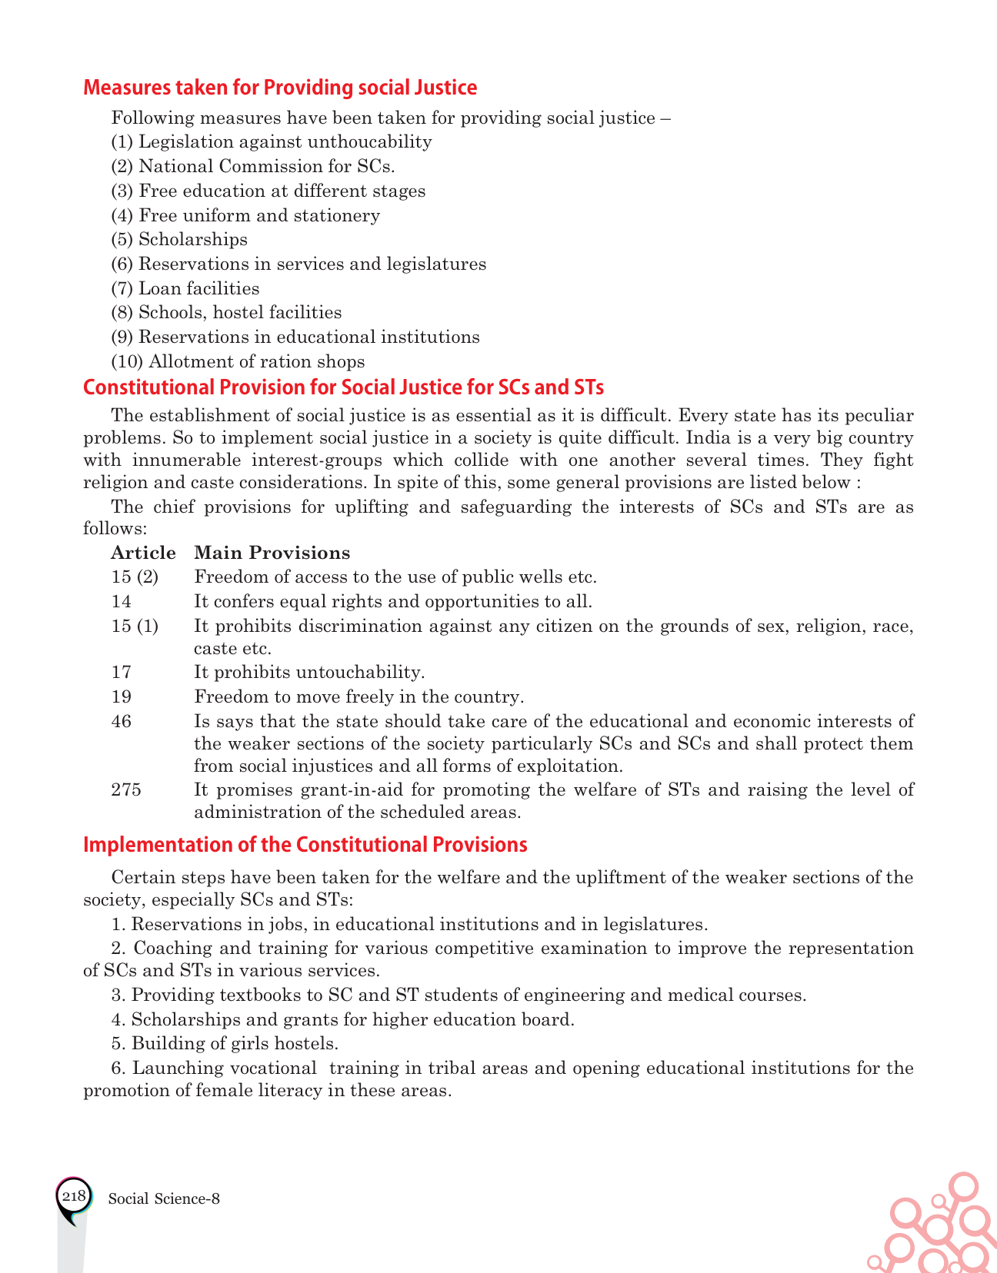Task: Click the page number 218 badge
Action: pos(74,1197)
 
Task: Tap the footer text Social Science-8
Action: pos(165,1198)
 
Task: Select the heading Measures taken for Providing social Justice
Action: pos(280,88)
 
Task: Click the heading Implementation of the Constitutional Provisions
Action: pos(305,845)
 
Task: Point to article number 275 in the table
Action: pos(126,789)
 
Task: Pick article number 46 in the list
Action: pos(122,721)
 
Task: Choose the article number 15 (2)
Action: pos(135,577)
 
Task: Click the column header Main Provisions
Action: pos(272,553)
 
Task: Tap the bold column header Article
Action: pos(143,553)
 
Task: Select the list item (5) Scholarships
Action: pos(179,239)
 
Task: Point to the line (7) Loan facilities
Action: pos(185,288)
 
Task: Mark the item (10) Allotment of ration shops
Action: pos(238,361)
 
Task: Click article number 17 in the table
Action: pos(122,672)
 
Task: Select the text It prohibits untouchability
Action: pos(309,672)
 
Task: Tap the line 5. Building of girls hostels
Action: pos(225,1043)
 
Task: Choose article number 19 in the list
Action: pos(122,696)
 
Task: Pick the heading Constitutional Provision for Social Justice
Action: pos(343,387)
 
